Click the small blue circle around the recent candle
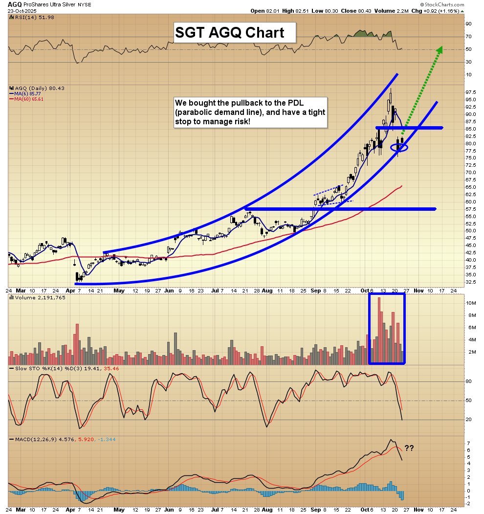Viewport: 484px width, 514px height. click(x=399, y=147)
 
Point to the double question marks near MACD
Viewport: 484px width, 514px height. click(x=409, y=447)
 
